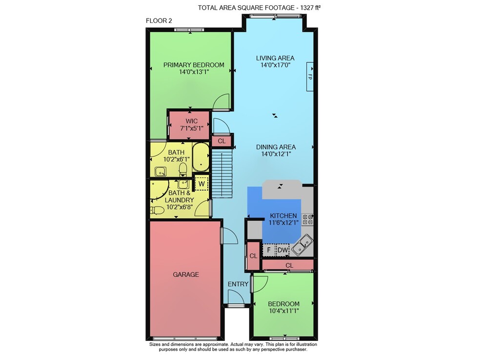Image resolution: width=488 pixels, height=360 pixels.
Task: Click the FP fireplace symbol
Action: pos(310,77)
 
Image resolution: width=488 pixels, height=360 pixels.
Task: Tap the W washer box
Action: pos(202,184)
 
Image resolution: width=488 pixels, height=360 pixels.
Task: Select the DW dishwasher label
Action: pos(283,250)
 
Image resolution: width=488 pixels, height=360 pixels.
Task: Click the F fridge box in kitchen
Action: pos(269,250)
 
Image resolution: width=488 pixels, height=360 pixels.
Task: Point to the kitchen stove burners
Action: pos(307,219)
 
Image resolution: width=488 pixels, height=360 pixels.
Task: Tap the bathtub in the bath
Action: pos(201,157)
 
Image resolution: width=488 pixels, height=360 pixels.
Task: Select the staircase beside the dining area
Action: pos(222,173)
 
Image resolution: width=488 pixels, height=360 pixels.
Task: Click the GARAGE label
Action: pos(186,275)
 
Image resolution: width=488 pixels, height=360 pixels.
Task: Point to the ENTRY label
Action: pos(238,284)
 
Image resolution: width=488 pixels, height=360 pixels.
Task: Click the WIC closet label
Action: pos(191,121)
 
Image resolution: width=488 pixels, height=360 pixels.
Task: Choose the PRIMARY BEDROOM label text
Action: pos(194,65)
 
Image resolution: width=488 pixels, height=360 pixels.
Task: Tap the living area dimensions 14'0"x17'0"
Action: pos(275,65)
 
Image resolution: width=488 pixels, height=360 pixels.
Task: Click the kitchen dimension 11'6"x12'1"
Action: pos(283,223)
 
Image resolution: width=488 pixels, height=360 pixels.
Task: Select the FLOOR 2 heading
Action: pos(159,21)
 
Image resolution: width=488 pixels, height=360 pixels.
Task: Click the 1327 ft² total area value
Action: pos(310,8)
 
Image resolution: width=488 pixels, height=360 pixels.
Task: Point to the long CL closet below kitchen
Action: pos(288,265)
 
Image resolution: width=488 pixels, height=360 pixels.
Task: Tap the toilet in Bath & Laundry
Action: pos(157,211)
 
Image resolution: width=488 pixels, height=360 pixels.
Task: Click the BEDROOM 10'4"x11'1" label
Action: pos(284,307)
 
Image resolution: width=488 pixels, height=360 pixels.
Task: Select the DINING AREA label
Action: pos(276,147)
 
